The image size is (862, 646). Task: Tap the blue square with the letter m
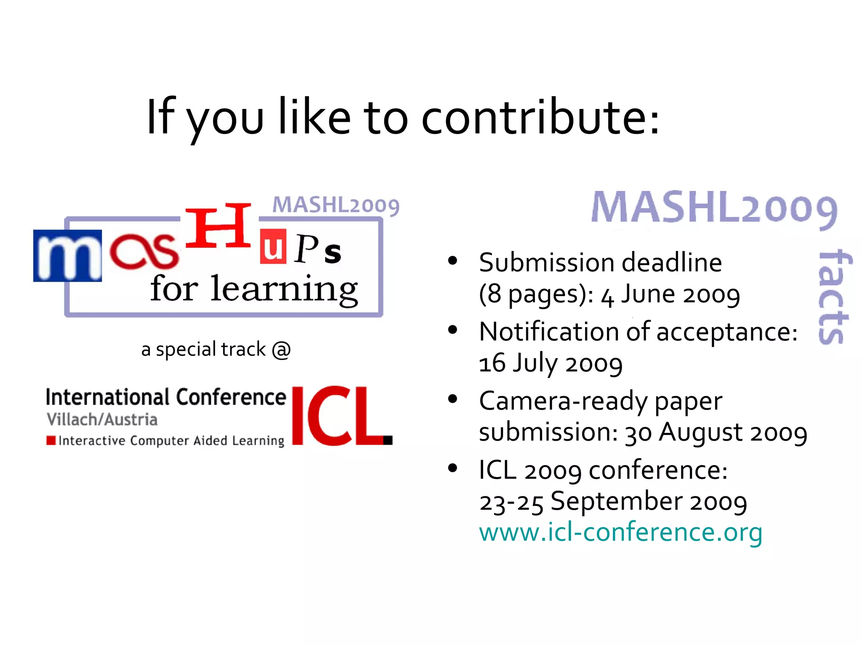[67, 255]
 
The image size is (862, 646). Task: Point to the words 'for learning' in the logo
[254, 289]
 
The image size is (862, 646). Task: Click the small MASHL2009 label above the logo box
[335, 206]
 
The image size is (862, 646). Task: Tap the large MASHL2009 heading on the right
[714, 208]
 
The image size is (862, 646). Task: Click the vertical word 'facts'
[833, 297]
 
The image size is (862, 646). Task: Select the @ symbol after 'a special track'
[281, 349]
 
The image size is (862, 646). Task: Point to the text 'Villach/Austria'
[102, 419]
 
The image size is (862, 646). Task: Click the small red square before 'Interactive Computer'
[51, 440]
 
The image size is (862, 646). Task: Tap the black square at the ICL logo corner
[388, 440]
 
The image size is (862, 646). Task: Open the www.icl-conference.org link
[620, 532]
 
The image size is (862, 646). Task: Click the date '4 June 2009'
[670, 294]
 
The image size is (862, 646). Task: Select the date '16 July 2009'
[551, 363]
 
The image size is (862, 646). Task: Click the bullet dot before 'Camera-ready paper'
[452, 399]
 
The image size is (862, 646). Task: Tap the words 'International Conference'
[165, 397]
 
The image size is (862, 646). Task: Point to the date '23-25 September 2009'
[613, 502]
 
